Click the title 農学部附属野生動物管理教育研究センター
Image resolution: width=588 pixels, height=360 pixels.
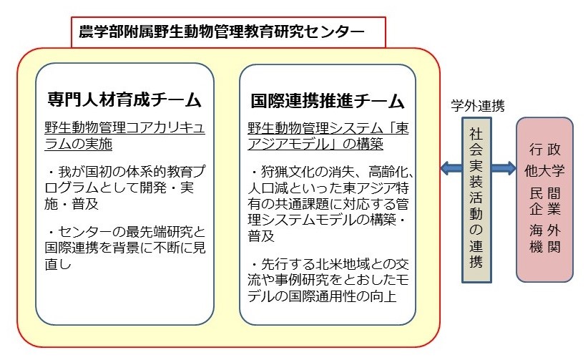(x=222, y=31)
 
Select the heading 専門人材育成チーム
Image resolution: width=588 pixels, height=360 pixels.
(x=124, y=100)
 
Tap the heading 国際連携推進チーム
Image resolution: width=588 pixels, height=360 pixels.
(x=328, y=101)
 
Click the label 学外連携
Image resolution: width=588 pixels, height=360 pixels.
(x=477, y=106)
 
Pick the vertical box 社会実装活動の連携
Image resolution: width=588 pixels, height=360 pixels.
(x=476, y=200)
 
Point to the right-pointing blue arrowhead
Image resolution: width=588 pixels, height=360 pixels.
(x=510, y=167)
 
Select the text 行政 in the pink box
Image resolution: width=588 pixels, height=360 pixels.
(x=545, y=150)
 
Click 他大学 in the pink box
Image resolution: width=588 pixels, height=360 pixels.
(x=544, y=171)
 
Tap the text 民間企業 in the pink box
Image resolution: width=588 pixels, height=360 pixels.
(x=545, y=201)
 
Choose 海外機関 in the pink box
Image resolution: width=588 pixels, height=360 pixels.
(x=545, y=238)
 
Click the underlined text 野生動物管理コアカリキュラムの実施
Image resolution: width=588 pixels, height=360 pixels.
(x=125, y=135)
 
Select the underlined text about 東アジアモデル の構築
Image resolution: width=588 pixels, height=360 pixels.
(x=328, y=136)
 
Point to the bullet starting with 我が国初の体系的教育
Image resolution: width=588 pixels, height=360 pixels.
(x=125, y=188)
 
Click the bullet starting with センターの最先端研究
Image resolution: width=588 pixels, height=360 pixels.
(x=125, y=248)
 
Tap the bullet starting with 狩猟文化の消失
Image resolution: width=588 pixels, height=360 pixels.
(x=330, y=204)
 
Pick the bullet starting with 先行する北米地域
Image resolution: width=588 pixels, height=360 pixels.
(x=328, y=281)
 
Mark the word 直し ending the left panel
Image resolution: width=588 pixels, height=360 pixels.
(x=58, y=264)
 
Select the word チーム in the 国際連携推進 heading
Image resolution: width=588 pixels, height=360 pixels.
(x=379, y=102)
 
